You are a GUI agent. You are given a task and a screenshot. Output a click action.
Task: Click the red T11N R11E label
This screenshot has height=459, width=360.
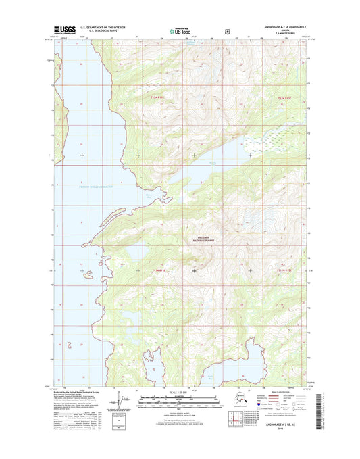tap(157, 269)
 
